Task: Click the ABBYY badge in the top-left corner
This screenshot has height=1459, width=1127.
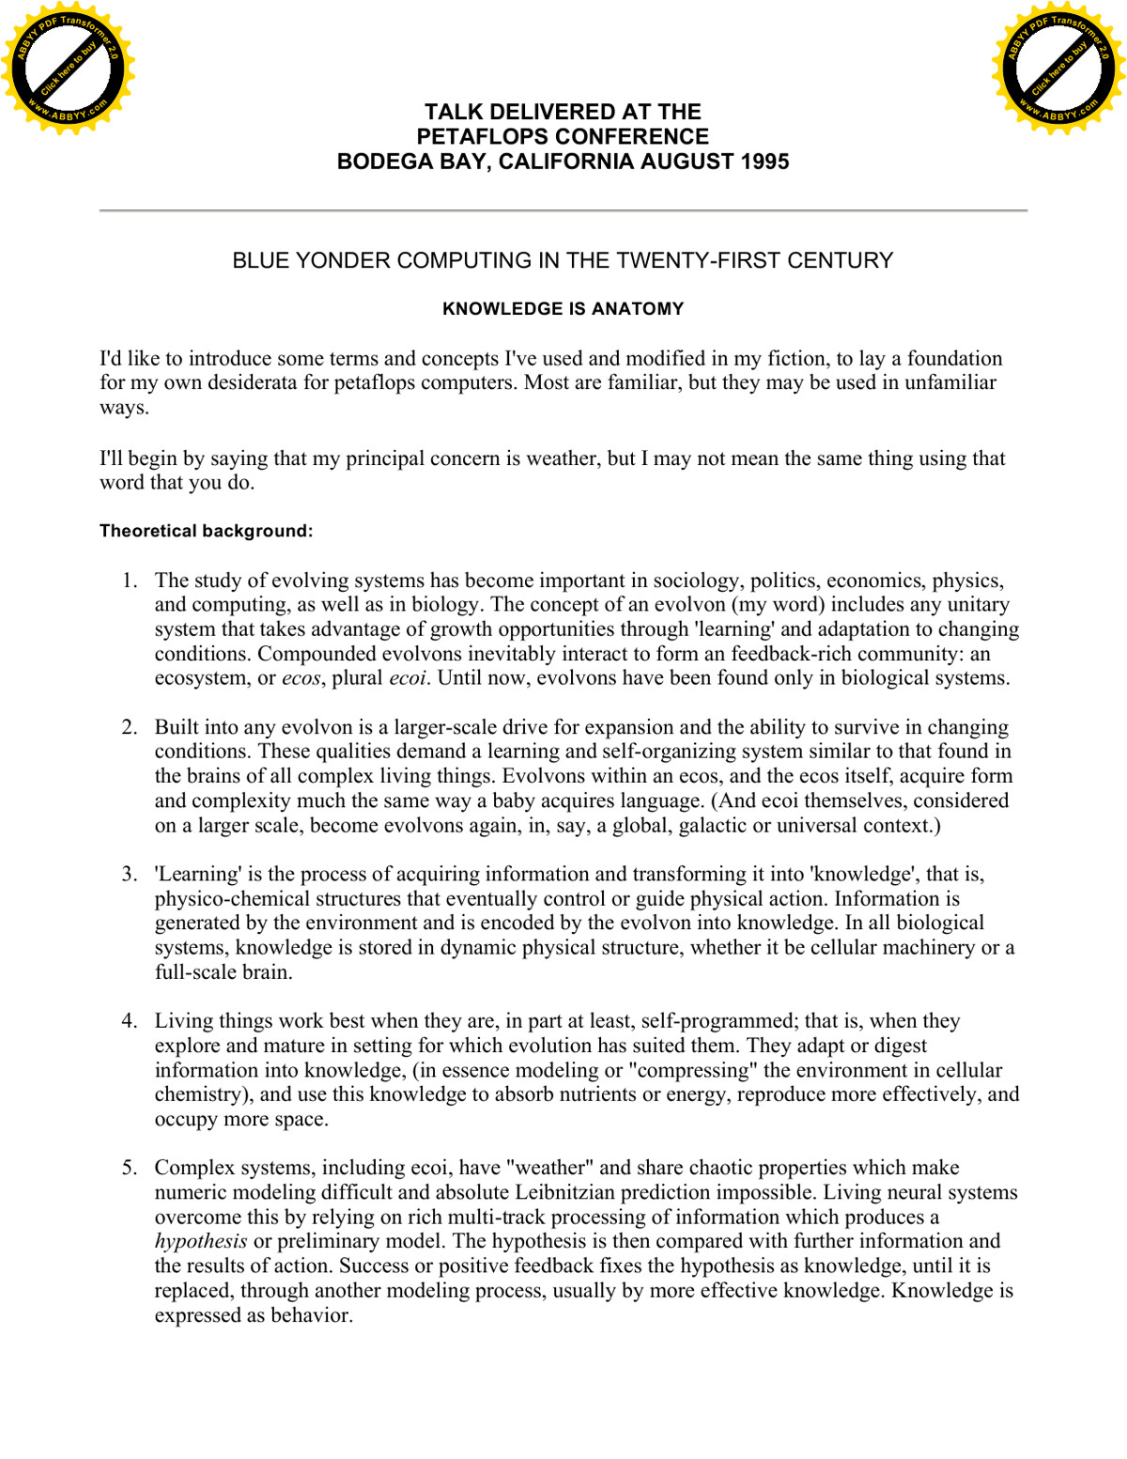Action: pos(68,68)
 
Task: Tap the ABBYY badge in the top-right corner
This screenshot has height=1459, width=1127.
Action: pos(1058,68)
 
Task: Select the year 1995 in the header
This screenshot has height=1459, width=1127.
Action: pos(764,162)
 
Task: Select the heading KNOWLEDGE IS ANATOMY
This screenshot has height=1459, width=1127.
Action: pos(563,309)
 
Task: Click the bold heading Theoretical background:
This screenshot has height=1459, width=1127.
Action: pos(206,531)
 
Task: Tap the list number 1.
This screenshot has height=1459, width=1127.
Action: pos(130,581)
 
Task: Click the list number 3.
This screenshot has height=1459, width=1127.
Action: pos(130,874)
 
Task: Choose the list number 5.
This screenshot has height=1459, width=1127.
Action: pos(130,1168)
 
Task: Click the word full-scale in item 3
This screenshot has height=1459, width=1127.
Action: pos(196,972)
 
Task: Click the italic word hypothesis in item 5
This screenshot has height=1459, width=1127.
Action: pos(201,1242)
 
